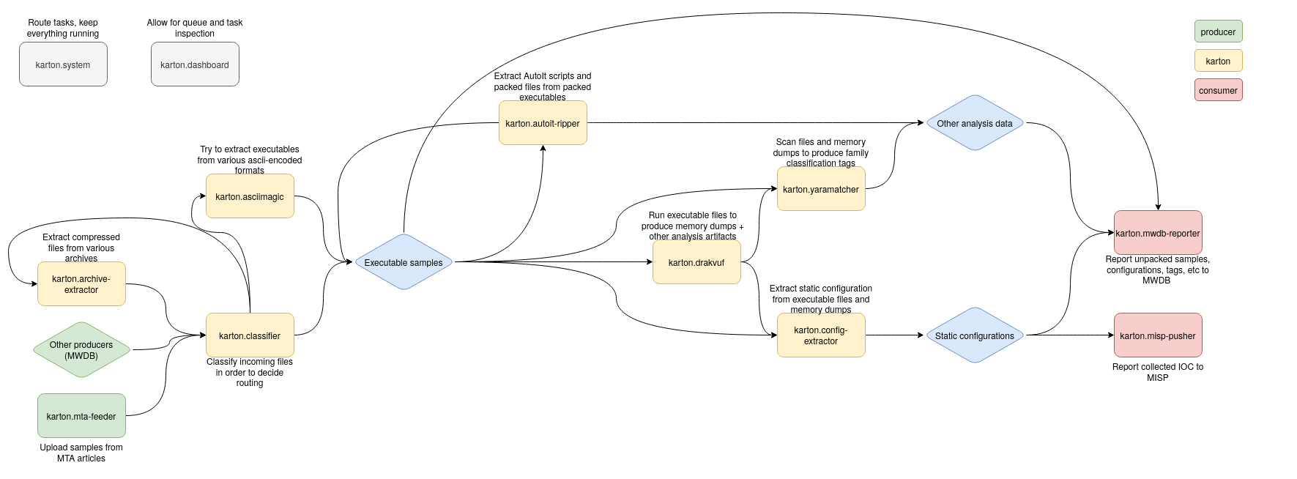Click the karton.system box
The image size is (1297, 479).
(x=63, y=64)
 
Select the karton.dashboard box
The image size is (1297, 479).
(x=195, y=64)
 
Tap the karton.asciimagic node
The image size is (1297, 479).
(x=250, y=196)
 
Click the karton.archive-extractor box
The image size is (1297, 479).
(x=81, y=284)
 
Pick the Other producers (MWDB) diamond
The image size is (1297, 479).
(x=81, y=350)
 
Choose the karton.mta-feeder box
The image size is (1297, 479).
(x=81, y=416)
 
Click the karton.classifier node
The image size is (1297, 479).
(x=250, y=335)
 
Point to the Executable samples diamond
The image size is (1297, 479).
(x=404, y=262)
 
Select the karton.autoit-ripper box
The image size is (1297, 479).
(x=543, y=123)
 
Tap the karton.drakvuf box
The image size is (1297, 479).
(x=696, y=262)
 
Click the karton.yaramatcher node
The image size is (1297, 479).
(x=821, y=189)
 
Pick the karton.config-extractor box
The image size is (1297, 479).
(x=821, y=335)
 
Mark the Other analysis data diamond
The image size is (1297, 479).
(x=975, y=123)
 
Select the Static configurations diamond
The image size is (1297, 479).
(x=975, y=335)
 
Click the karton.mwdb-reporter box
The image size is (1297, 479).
(x=1158, y=233)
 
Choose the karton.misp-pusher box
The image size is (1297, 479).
(x=1158, y=335)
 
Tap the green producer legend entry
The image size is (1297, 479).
(x=1218, y=31)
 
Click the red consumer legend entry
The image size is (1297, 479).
(x=1218, y=90)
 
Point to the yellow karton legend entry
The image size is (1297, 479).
(x=1218, y=61)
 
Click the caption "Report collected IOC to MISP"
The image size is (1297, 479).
(x=1158, y=372)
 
